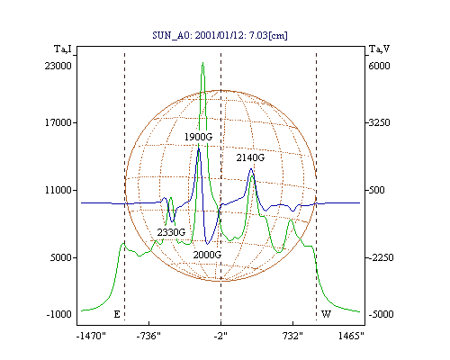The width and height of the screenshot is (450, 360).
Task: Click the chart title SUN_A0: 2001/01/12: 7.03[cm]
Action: pos(220,35)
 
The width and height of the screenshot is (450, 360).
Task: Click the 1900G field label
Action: pos(198,137)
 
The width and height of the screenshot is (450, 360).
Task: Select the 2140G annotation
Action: pos(250,157)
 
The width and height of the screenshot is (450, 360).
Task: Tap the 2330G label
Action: pos(171,232)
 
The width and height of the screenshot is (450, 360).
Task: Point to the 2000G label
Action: pos(207,255)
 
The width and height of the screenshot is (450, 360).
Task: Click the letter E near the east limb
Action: pos(117,314)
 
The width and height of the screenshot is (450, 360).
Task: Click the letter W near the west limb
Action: pos(326,314)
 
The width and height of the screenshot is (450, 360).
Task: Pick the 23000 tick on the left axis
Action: pos(58,66)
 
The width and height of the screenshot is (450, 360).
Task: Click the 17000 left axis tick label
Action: pos(58,122)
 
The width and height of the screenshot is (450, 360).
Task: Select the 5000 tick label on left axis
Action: pos(61,257)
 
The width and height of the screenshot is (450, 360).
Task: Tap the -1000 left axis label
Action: pos(59,314)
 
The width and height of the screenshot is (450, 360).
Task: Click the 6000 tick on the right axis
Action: pos(379,66)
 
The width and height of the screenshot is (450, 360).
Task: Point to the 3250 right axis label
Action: pos(379,122)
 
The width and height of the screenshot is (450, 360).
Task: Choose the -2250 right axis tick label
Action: pos(381,257)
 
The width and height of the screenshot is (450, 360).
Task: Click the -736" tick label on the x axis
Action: pos(148,336)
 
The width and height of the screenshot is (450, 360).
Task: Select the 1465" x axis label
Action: pos(351,336)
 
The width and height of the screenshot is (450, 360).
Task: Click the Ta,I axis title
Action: pos(63,49)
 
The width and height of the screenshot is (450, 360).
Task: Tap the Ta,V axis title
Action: pos(379,49)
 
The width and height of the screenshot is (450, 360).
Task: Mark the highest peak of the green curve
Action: pos(203,63)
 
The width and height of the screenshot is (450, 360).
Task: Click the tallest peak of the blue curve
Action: pos(198,148)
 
